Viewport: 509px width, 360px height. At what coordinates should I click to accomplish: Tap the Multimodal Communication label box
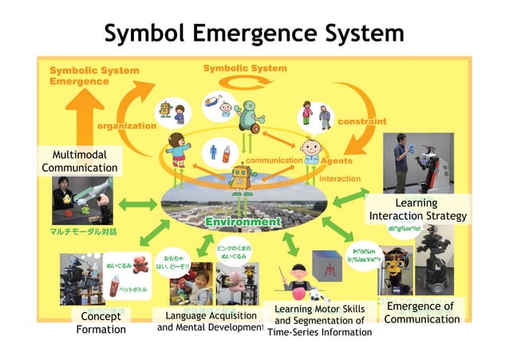coord(79,160)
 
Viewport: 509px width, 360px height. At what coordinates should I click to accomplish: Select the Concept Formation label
coord(101,323)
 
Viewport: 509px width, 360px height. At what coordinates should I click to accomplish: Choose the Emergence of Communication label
coord(421,313)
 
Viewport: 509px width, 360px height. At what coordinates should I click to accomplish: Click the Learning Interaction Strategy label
coord(417,210)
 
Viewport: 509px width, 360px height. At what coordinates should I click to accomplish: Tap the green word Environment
coord(243,221)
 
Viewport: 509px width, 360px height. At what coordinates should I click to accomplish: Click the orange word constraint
coord(361,121)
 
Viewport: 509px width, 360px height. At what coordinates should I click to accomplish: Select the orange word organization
coord(126,125)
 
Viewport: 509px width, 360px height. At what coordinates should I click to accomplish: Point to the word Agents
coord(336,160)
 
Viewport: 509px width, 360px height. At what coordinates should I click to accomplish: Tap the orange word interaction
coord(340,179)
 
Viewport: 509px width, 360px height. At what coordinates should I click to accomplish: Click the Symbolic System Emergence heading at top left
coord(93,75)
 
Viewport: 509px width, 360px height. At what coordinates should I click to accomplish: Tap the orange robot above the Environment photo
coord(239,179)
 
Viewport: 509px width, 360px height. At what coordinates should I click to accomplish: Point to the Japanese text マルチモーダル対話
coord(83,231)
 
